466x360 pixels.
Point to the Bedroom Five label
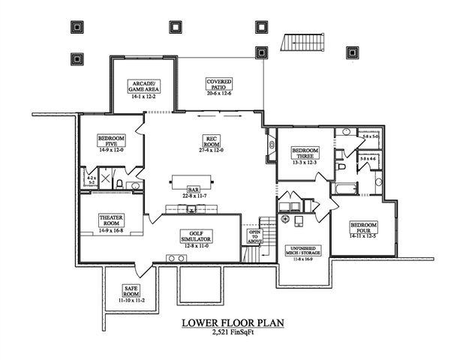click(x=110, y=141)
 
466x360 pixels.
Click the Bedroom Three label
click(x=305, y=152)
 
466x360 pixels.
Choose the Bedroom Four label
click(x=363, y=227)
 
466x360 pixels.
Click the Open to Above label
click(x=254, y=236)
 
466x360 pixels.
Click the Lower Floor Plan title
click(x=233, y=324)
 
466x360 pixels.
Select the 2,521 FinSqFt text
click(x=233, y=335)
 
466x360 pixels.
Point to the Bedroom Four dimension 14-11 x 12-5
click(x=363, y=235)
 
